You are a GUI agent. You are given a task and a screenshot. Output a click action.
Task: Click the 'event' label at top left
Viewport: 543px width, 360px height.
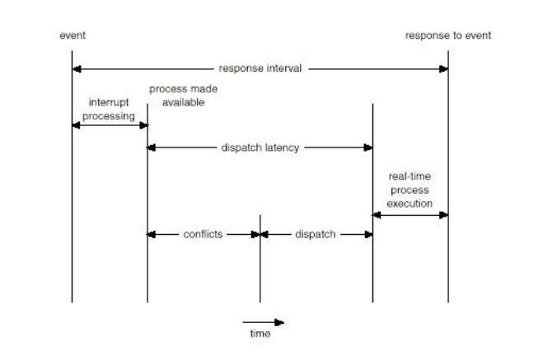72,36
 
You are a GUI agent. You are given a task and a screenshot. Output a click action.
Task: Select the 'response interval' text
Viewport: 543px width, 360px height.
260,68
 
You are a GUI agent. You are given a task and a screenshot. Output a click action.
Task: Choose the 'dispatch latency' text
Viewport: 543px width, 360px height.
260,147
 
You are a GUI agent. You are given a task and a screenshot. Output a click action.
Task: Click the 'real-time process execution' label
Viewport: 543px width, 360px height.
410,189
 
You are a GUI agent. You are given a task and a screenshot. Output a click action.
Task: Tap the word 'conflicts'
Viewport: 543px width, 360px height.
204,234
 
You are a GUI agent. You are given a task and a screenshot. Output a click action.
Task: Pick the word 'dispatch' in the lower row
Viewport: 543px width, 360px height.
316,234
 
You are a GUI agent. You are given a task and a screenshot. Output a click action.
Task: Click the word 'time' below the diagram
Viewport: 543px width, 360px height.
260,334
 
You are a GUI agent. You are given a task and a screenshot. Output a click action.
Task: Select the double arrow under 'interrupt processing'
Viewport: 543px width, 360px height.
110,125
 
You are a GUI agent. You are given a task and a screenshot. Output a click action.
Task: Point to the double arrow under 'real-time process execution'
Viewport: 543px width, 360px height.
410,214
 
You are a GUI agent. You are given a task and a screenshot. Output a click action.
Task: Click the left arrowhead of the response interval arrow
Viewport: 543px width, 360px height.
77,68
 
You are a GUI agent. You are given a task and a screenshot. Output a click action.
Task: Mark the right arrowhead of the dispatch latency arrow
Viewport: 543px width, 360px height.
368,147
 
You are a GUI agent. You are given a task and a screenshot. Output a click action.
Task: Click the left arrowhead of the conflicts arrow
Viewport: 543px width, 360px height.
152,234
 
